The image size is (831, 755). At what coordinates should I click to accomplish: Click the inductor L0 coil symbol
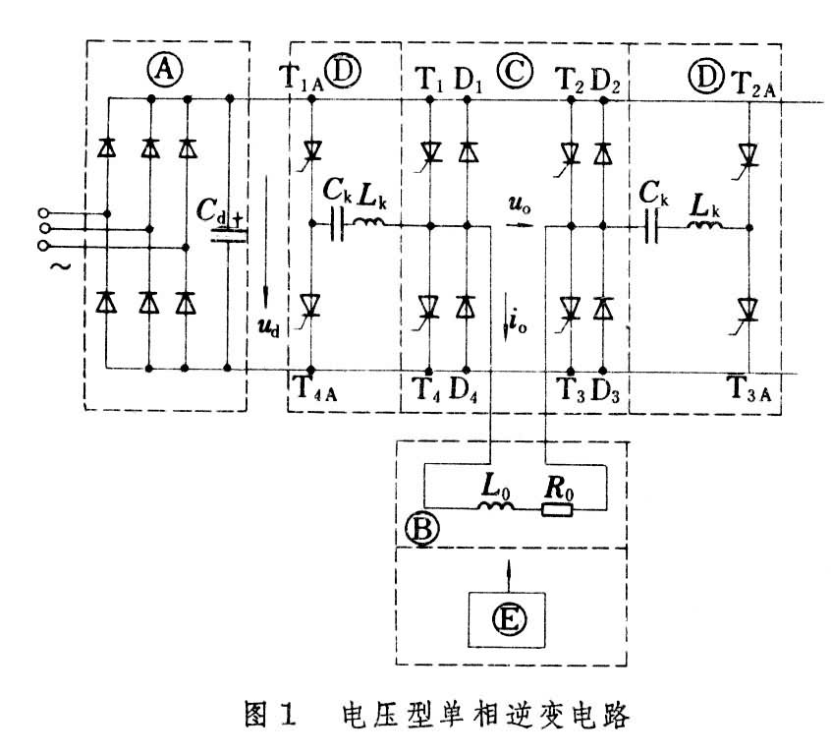click(x=496, y=505)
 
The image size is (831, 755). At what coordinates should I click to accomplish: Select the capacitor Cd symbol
click(x=229, y=233)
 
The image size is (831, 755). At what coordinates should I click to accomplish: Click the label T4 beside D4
click(x=423, y=386)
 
